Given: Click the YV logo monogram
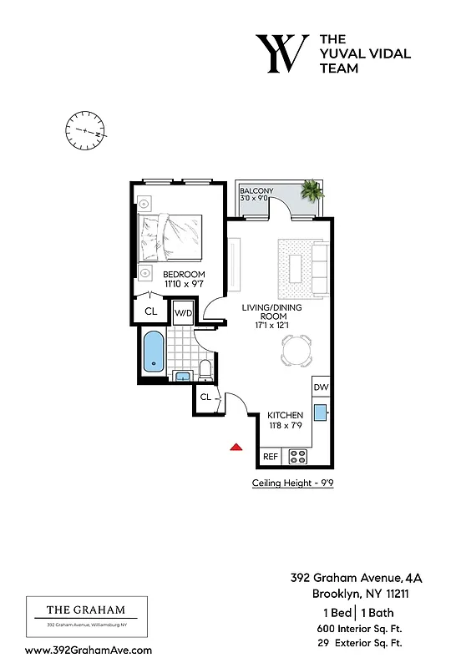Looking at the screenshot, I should (281, 54).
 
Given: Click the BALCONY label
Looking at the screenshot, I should (256, 191).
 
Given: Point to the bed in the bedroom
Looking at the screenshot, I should (171, 237).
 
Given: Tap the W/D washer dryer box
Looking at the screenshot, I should (183, 314).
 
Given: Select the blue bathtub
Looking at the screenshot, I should (154, 352).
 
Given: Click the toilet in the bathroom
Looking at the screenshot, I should (205, 371).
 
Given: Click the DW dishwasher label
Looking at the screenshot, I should (322, 388).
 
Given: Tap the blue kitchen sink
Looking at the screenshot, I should (321, 413).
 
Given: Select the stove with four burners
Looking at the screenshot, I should (298, 457).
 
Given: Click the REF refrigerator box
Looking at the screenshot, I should (271, 457).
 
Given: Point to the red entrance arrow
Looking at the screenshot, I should (236, 448).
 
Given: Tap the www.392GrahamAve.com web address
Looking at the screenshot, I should (89, 650).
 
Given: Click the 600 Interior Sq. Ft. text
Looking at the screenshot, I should (359, 628).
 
